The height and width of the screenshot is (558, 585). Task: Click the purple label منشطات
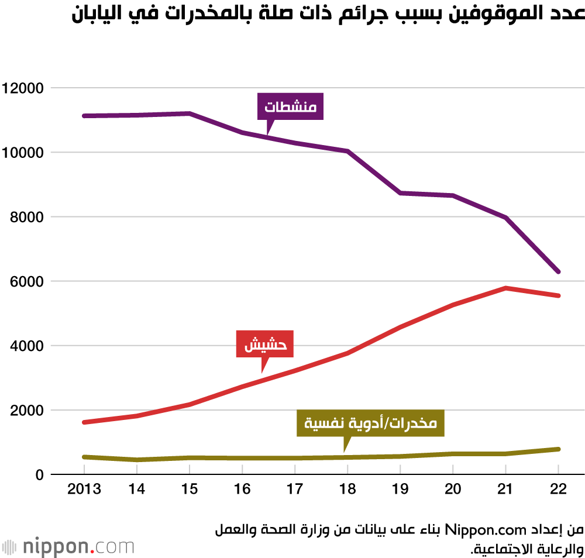click(290, 107)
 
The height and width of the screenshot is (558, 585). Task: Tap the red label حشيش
click(264, 345)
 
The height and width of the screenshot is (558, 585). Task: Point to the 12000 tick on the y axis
click(23, 88)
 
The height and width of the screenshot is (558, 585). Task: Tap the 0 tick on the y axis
click(39, 474)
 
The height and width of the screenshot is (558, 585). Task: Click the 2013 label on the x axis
click(84, 489)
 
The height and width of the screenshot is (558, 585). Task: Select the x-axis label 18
click(347, 489)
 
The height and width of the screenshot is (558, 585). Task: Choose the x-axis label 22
click(558, 489)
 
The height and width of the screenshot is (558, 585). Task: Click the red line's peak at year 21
click(505, 288)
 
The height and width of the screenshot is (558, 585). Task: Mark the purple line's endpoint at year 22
click(558, 272)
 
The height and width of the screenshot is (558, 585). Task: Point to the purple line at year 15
click(190, 113)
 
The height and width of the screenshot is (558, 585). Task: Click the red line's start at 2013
click(84, 422)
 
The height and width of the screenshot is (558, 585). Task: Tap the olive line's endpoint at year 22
click(558, 449)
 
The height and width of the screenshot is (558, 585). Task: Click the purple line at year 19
click(400, 193)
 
